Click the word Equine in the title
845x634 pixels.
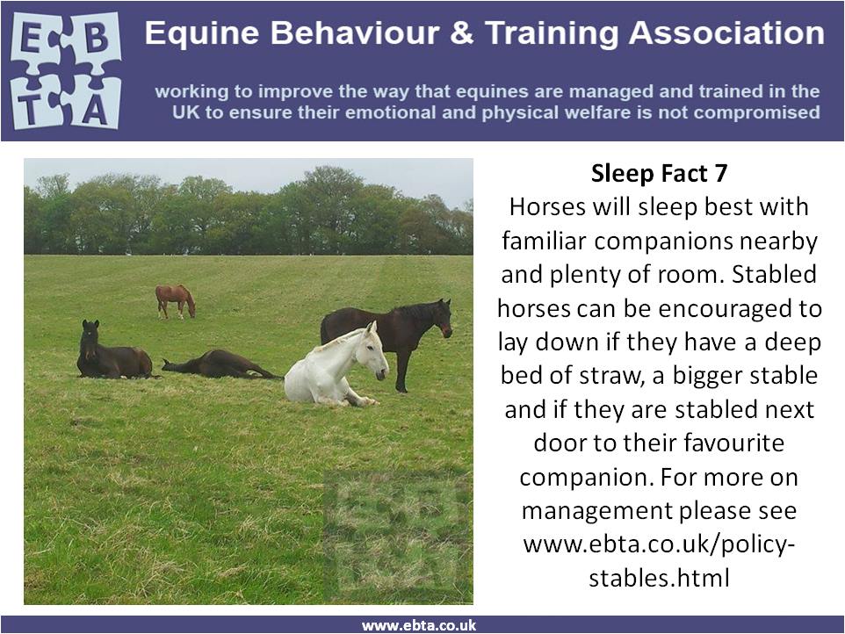[203, 33]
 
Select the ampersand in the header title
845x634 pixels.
[461, 32]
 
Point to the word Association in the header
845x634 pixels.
[726, 32]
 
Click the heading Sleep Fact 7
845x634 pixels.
[659, 174]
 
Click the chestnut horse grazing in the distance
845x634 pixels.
[175, 301]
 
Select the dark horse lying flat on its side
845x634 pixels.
[221, 364]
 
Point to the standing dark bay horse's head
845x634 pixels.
[443, 319]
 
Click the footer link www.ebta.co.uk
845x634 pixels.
[419, 625]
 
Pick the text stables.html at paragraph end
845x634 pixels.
[659, 578]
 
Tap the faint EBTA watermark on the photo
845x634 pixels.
[396, 533]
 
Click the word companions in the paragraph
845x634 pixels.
[664, 241]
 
